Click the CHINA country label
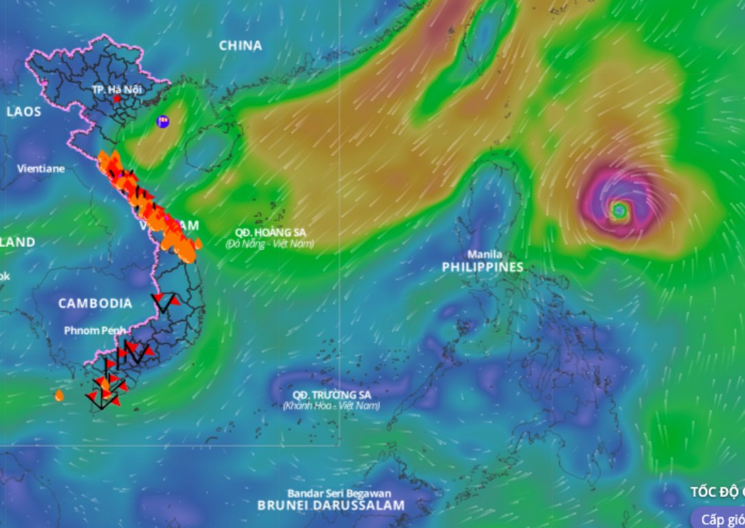coord(241,45)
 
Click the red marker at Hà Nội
coord(117,99)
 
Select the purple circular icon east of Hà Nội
coord(163,122)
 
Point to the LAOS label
coord(24,111)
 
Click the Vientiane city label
coord(41,168)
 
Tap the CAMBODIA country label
coord(95,303)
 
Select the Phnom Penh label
coord(95,331)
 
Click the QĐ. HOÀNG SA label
coord(270,232)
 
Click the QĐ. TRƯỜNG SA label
coord(331,395)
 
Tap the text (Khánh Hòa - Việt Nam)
coord(331,406)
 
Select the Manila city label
coord(485,254)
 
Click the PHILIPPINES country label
coord(482,267)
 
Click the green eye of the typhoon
coord(619,210)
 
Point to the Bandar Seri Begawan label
coord(340,493)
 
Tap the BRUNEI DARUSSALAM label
coord(331,505)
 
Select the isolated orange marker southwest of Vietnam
coord(59,395)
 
